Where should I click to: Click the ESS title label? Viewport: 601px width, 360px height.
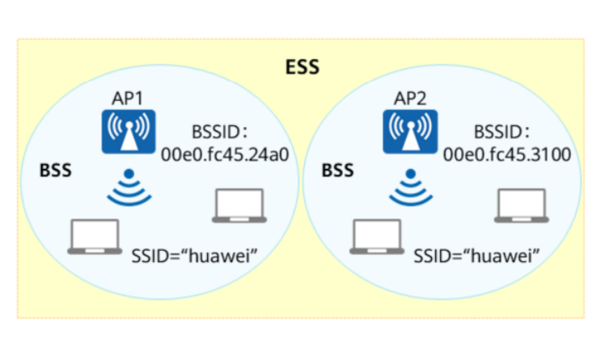[x=303, y=67]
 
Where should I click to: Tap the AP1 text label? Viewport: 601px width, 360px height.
[x=127, y=99]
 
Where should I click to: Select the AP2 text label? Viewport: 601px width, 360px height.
[x=410, y=99]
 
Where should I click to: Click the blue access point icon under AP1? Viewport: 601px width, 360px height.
[x=129, y=132]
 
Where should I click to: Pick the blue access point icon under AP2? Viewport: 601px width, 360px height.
[x=410, y=132]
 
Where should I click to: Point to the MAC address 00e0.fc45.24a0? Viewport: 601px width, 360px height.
[x=225, y=155]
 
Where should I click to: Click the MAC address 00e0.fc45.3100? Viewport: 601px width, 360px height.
[x=507, y=155]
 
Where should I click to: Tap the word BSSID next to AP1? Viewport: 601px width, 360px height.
[x=216, y=132]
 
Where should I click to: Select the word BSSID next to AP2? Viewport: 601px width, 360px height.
[x=498, y=132]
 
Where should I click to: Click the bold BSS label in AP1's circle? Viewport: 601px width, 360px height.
[x=56, y=170]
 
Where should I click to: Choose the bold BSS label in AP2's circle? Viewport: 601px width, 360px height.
[x=337, y=170]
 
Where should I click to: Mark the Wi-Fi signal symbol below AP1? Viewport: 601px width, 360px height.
[x=129, y=187]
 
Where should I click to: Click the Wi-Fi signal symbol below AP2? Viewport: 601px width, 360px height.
[x=411, y=187]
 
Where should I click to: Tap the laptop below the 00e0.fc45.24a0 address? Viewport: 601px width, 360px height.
[x=239, y=205]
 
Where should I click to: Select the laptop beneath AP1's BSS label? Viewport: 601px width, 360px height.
[x=95, y=237]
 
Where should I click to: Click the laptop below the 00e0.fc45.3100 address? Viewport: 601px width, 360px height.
[x=522, y=205]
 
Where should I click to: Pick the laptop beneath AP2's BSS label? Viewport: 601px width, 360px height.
[x=377, y=237]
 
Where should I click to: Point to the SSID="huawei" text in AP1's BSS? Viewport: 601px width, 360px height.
[x=194, y=256]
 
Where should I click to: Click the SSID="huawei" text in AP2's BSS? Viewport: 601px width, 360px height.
[x=476, y=256]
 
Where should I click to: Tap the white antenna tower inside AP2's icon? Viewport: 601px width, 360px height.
[x=411, y=137]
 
